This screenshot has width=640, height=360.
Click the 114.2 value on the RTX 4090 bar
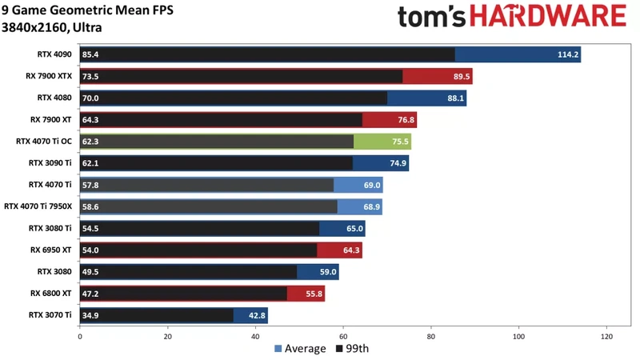566,55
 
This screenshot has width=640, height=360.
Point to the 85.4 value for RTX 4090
91,55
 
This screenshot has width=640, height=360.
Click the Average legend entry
300,348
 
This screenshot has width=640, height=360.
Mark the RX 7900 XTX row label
49,76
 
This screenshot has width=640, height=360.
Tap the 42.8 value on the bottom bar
256,315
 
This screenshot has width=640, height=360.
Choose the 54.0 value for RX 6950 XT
91,250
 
